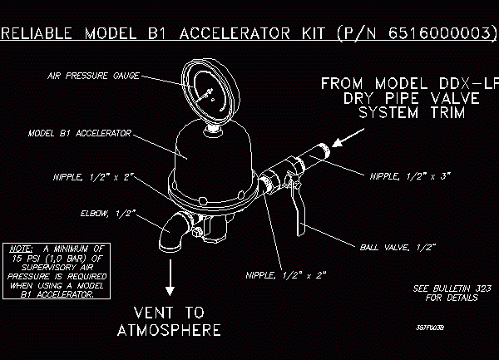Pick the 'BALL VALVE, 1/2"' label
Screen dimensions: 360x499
tap(398, 247)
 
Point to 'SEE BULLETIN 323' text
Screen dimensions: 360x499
tap(445, 288)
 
